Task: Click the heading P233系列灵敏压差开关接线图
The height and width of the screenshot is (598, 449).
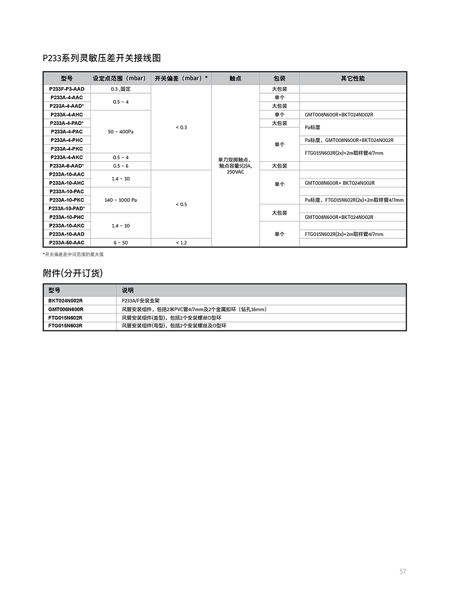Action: click(x=102, y=58)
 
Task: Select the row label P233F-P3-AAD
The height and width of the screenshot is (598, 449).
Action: click(x=67, y=89)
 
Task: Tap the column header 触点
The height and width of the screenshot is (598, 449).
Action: click(x=235, y=79)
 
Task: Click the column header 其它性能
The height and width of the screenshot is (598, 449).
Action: click(x=353, y=79)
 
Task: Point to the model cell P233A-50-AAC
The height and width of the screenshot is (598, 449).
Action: click(x=67, y=243)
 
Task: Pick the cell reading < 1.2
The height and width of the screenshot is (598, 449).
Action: click(x=181, y=243)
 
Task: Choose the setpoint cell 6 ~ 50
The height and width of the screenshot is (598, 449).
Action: click(x=121, y=243)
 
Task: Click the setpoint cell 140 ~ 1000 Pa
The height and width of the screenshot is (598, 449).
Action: click(x=121, y=200)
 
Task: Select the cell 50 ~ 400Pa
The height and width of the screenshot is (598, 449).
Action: click(x=121, y=131)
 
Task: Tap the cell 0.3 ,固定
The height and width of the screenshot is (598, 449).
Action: click(x=121, y=89)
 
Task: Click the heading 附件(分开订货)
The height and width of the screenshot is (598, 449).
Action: click(x=73, y=273)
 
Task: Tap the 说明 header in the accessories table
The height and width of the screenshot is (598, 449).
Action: click(x=128, y=291)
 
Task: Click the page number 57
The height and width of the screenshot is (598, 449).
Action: click(x=403, y=571)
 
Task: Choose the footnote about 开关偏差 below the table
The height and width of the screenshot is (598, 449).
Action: click(x=73, y=254)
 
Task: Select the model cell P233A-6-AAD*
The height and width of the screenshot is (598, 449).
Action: click(x=67, y=166)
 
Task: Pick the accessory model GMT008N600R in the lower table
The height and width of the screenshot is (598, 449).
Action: click(x=66, y=309)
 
